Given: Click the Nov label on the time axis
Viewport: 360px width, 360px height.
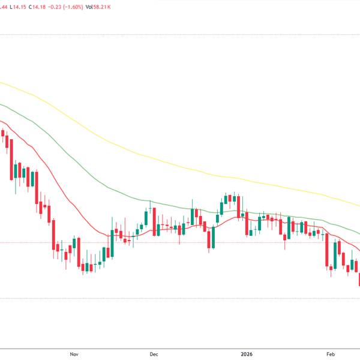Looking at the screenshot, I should point(74,354).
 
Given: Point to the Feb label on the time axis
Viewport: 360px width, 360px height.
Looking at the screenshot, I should point(329,354).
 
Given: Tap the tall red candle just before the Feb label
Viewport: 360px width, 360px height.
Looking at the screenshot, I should point(327,252).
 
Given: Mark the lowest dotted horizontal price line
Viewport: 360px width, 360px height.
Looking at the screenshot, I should point(180,298).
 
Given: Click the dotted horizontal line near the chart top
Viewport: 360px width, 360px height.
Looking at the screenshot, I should point(180,35).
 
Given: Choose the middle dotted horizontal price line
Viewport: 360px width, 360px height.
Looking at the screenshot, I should point(180,242).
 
